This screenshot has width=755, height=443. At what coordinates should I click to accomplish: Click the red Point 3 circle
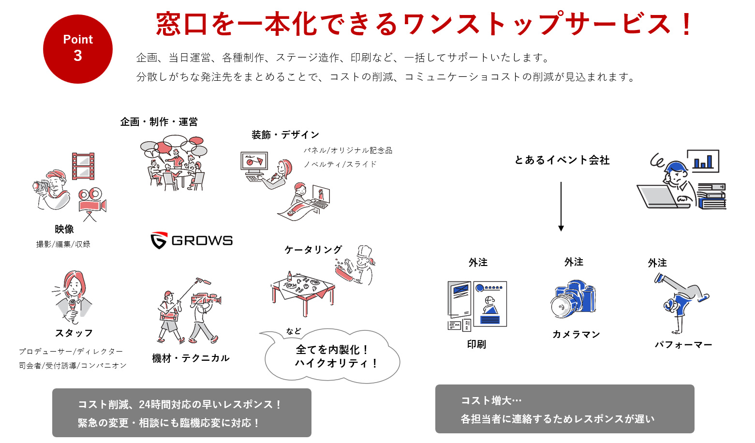click(78, 49)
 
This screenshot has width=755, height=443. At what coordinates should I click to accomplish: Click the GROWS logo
click(192, 240)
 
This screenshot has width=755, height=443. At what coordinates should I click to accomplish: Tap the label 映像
click(64, 229)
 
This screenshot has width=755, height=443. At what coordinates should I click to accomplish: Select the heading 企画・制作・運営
click(159, 122)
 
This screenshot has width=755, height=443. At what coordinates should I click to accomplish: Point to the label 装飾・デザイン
click(285, 135)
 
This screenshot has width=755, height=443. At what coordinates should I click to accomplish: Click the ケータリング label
click(313, 250)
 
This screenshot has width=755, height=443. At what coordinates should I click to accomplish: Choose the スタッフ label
click(74, 333)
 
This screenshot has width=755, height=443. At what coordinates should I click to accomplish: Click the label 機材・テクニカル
click(191, 358)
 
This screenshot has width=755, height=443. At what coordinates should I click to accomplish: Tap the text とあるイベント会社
click(562, 160)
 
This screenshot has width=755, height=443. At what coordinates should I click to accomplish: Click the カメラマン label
click(576, 335)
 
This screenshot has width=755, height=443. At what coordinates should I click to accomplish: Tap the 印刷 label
click(476, 344)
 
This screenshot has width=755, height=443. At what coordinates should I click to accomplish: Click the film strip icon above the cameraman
click(83, 166)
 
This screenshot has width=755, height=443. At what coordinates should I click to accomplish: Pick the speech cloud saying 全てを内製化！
click(332, 356)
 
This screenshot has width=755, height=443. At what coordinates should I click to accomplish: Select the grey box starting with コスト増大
click(564, 409)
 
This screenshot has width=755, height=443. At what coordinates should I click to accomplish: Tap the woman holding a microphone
click(73, 296)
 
